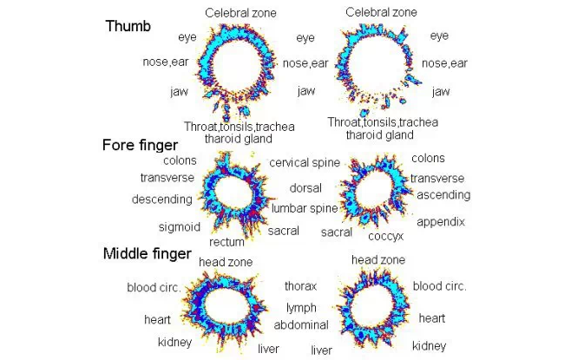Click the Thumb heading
128,26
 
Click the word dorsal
306,187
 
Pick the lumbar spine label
304,208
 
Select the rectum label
226,242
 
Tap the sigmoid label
180,227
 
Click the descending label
161,200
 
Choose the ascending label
443,195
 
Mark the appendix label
441,222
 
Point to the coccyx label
384,235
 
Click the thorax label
300,285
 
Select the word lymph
301,307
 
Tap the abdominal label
301,325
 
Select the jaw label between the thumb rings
305,91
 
